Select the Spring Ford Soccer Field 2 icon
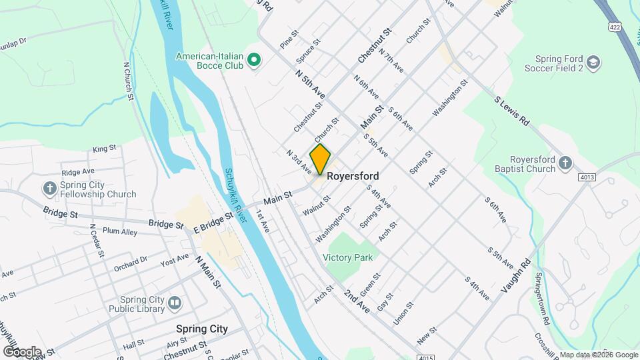click(x=594, y=63)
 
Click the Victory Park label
click(x=347, y=257)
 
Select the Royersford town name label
click(x=353, y=177)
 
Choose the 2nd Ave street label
click(x=357, y=301)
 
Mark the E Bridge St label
click(x=213, y=219)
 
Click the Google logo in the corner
click(x=22, y=351)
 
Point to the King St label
click(x=105, y=149)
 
